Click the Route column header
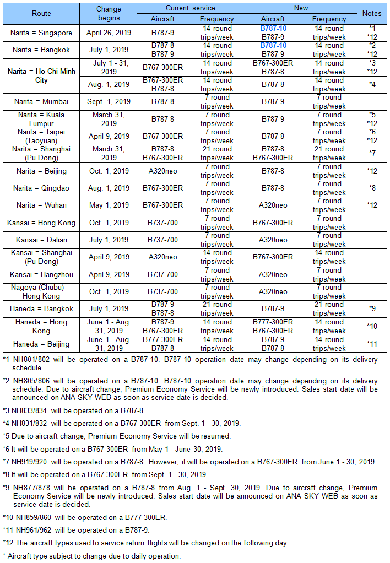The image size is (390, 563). [x=41, y=13]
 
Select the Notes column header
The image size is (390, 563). [x=372, y=13]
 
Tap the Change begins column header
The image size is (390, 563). [x=109, y=13]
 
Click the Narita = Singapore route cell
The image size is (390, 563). [x=41, y=33]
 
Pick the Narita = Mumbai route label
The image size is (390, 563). [x=41, y=101]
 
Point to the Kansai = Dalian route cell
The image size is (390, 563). [x=41, y=240]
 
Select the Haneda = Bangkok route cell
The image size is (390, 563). [x=41, y=309]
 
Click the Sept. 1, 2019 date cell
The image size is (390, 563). [x=109, y=101]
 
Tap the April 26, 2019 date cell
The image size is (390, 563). [x=109, y=33]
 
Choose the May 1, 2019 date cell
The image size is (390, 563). [x=109, y=205]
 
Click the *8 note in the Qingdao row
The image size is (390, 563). [x=372, y=188]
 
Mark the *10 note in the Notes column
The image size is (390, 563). [x=372, y=326]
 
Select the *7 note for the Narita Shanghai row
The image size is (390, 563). [x=372, y=153]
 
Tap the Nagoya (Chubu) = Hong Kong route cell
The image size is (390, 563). [x=41, y=291]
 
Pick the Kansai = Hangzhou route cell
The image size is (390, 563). [x=41, y=274]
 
